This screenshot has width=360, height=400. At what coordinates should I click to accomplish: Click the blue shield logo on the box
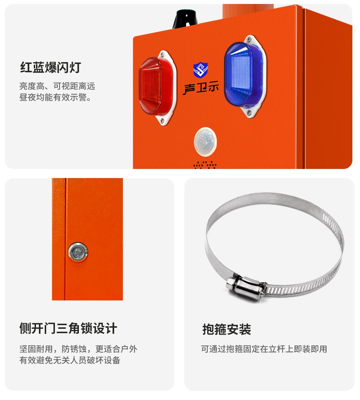[200, 70]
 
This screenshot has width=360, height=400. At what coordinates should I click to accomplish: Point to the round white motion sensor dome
[205, 142]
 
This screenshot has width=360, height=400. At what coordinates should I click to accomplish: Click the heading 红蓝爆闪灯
[51, 67]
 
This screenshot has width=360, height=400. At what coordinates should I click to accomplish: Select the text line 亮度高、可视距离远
[57, 86]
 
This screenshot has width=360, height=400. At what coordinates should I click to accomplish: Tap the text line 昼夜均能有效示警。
[55, 97]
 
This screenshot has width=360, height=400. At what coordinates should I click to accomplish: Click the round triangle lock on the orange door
[78, 252]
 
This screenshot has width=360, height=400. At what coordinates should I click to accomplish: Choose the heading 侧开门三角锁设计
[68, 328]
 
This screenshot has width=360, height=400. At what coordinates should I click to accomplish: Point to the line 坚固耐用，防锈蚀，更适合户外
[79, 349]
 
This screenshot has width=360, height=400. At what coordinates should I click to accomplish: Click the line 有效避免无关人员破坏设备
[70, 360]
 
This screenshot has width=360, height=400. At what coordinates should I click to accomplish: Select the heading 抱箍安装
[227, 329]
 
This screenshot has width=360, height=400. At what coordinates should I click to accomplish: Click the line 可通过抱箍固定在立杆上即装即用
[264, 349]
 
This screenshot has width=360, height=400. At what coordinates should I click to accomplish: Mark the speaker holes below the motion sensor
[205, 165]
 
